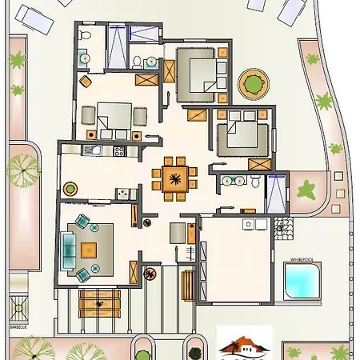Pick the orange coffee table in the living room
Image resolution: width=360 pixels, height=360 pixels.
(x=89, y=249)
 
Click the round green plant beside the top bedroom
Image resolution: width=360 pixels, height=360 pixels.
(x=253, y=82)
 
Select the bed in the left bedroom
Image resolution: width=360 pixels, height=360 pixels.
(x=112, y=118)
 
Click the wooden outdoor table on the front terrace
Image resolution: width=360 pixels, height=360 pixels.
(x=101, y=302)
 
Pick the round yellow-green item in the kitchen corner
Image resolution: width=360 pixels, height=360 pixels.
(x=70, y=190)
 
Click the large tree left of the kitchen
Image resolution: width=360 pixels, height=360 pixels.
(x=23, y=169)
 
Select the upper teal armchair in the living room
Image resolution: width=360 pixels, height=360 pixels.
(x=83, y=222)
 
